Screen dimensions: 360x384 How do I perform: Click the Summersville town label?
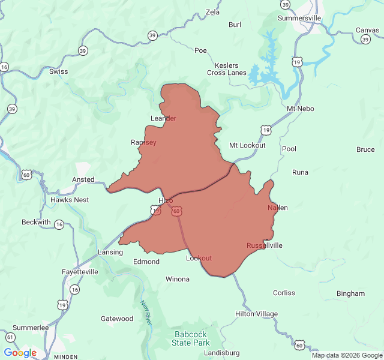click(299, 18)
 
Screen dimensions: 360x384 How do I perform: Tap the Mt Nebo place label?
click(301, 109)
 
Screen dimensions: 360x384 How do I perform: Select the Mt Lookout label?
click(247, 146)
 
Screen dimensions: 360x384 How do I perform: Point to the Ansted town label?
click(83, 179)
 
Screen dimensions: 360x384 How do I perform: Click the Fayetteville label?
click(80, 272)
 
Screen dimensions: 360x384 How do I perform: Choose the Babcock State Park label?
click(191, 338)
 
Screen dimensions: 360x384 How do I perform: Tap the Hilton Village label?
click(256, 314)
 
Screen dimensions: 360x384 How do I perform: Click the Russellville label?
click(264, 245)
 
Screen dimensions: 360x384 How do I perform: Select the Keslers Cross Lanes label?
click(227, 69)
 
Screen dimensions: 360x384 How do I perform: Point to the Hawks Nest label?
click(70, 200)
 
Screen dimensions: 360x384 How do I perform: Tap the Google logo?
click(20, 353)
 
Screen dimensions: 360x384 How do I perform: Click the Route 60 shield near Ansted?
click(26, 175)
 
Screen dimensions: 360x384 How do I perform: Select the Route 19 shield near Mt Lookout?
click(265, 130)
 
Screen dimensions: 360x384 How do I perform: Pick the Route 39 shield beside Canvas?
click(365, 39)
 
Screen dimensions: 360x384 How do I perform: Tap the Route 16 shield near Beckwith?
click(59, 224)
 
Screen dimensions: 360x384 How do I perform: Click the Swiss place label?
click(59, 71)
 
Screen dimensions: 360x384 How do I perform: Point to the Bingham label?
click(350, 293)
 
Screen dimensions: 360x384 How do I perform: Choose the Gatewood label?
click(117, 319)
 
